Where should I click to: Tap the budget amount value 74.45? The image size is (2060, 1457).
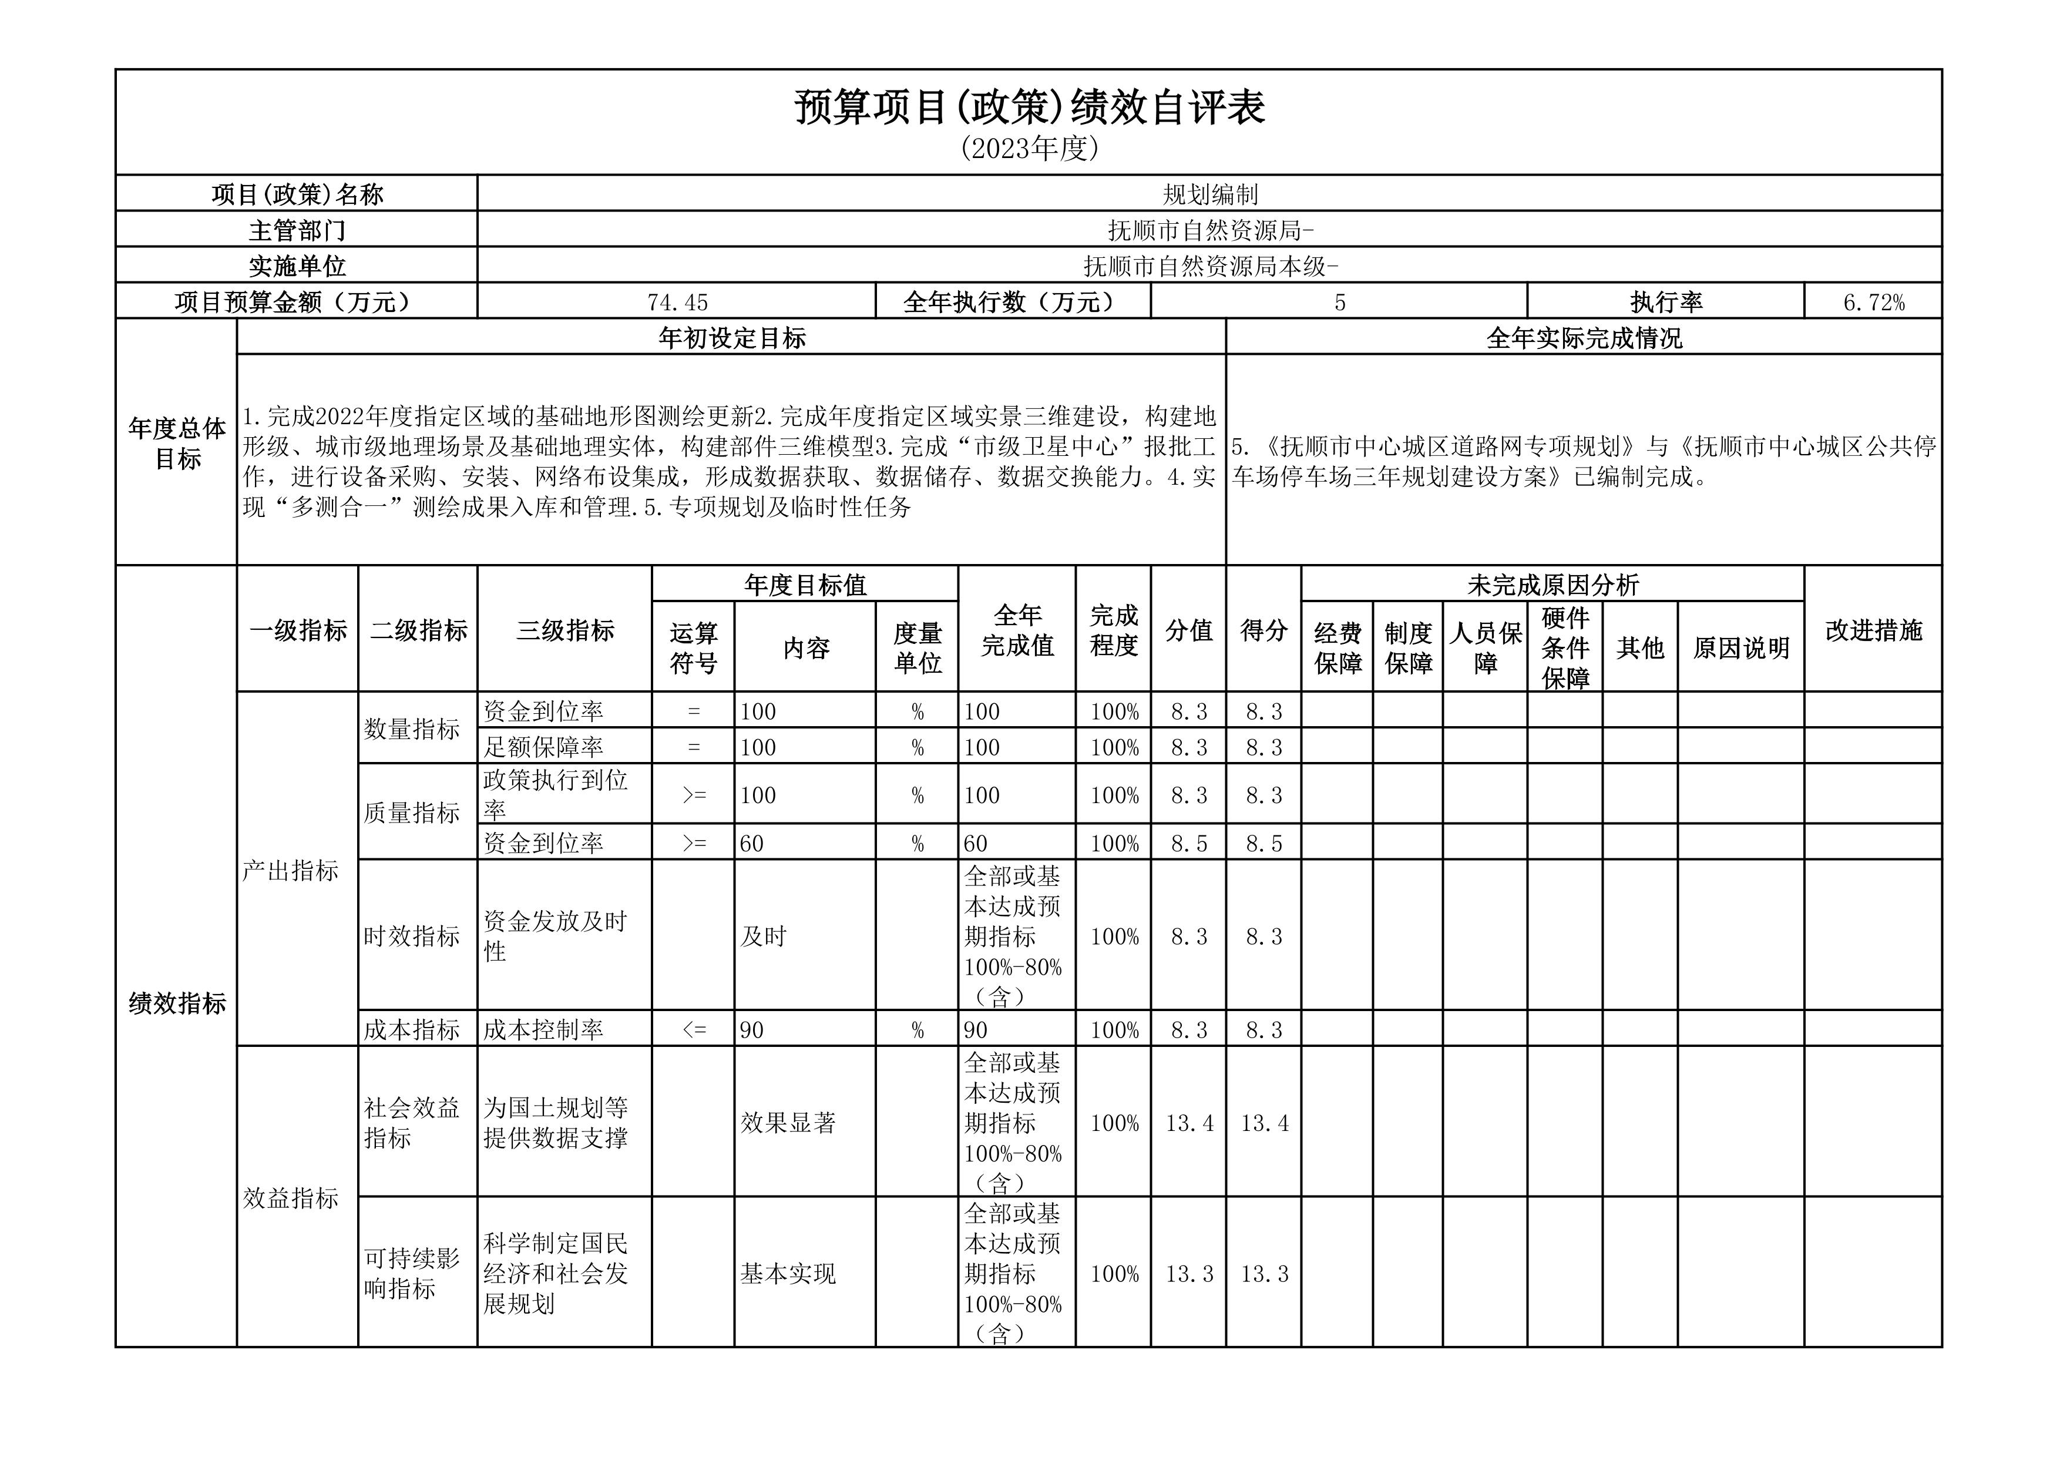tap(677, 303)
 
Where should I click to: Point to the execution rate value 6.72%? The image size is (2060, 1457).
tap(1873, 303)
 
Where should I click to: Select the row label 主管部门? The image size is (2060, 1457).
tap(297, 230)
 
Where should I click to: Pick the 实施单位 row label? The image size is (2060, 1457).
tap(297, 267)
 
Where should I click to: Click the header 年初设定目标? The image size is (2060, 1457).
tap(731, 338)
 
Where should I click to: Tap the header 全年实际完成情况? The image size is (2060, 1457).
tap(1584, 338)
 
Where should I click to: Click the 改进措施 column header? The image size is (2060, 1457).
tap(1873, 630)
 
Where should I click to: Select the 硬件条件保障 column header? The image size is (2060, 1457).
tap(1565, 648)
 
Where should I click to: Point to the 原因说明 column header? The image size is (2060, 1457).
tap(1740, 648)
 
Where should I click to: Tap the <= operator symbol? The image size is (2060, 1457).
tap(694, 1029)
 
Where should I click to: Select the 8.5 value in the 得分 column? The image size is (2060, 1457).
tap(1263, 843)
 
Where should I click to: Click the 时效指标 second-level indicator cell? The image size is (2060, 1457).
tap(412, 936)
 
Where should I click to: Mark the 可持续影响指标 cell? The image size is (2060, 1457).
tap(412, 1273)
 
